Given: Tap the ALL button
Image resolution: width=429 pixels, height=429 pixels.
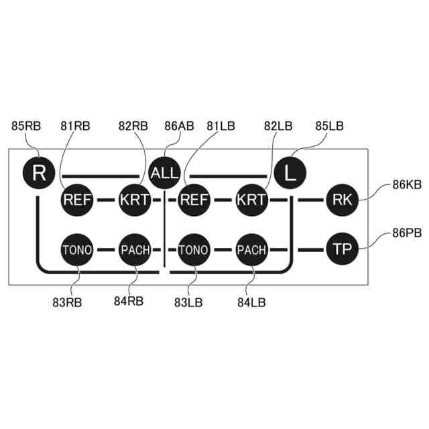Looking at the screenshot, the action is (x=164, y=173).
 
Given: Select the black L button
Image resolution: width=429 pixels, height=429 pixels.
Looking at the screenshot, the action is (x=290, y=173).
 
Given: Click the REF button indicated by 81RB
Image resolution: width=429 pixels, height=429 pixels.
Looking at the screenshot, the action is (x=77, y=200).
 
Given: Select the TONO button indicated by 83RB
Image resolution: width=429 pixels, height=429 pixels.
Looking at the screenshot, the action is (x=77, y=250).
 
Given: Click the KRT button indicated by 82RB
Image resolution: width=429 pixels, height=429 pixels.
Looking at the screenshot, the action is (x=135, y=200).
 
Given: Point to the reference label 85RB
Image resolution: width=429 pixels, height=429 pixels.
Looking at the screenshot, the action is (x=27, y=125).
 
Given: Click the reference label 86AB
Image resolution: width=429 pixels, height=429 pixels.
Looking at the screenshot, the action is (x=179, y=125).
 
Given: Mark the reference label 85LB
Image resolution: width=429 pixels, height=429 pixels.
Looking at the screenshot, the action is (x=329, y=125).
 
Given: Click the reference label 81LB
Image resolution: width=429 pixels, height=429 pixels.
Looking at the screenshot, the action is (x=221, y=125).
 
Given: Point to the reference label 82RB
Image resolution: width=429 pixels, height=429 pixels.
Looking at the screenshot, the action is (x=133, y=125).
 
